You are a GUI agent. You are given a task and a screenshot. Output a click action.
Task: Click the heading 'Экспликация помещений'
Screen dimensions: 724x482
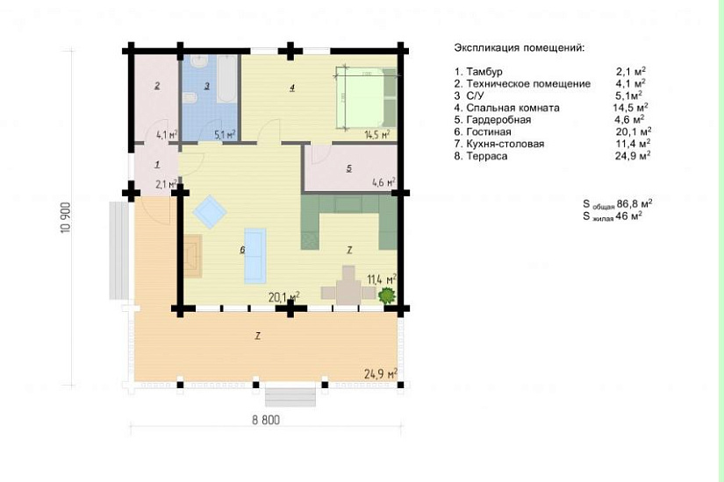[x=519, y=48]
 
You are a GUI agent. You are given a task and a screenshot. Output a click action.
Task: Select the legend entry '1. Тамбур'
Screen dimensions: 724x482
[x=478, y=72]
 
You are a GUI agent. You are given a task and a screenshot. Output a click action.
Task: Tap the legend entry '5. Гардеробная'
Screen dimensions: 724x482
[x=492, y=120]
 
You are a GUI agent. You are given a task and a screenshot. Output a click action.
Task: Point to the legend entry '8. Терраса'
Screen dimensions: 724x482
[x=481, y=156]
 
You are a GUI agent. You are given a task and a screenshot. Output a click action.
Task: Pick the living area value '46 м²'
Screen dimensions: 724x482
[x=629, y=216]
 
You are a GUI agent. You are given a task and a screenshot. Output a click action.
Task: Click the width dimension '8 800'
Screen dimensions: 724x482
[x=266, y=420]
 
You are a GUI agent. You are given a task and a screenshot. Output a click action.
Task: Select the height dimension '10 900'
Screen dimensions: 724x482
[x=66, y=217]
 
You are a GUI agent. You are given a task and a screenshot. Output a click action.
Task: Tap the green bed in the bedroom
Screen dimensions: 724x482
[x=366, y=98]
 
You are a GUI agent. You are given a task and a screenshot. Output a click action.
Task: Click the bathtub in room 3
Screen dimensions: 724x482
[x=226, y=79]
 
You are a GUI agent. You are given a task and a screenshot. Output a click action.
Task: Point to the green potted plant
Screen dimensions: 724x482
[x=387, y=294]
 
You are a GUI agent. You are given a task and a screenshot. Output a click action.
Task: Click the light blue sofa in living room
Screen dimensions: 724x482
[x=255, y=255]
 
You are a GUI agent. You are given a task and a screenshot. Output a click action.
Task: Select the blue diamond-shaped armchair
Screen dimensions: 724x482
[x=210, y=212]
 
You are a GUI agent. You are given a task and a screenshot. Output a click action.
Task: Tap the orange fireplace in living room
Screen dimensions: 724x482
[x=193, y=256]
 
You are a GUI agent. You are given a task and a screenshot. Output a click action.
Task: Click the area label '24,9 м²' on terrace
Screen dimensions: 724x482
[x=381, y=373]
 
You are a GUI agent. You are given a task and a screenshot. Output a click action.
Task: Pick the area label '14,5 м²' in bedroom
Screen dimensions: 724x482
[x=376, y=134]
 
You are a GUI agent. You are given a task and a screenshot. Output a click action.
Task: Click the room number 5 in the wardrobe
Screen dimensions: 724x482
[x=349, y=168]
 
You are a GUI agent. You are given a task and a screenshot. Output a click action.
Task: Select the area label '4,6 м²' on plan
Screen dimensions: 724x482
[x=384, y=182]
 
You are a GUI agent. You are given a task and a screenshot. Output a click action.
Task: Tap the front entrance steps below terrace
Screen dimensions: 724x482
[x=290, y=398]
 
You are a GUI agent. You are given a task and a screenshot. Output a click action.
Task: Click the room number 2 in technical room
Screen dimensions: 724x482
[x=157, y=85]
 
